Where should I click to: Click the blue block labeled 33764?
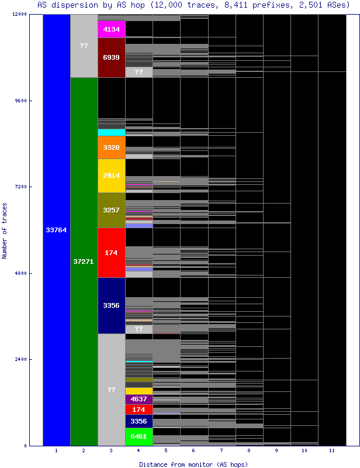click(56, 230)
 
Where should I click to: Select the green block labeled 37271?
click(84, 261)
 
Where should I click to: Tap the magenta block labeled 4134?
click(111, 29)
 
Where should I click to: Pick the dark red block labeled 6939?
click(111, 57)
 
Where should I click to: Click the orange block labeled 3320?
click(111, 147)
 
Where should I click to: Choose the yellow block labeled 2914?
click(111, 175)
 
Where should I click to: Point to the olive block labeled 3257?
click(111, 210)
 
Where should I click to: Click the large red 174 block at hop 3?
click(111, 253)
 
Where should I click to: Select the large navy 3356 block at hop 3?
click(111, 305)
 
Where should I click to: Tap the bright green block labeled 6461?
click(139, 436)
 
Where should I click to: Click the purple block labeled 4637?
click(139, 399)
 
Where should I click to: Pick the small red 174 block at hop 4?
click(139, 409)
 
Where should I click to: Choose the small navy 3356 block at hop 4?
click(139, 421)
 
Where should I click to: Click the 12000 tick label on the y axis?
click(19, 14)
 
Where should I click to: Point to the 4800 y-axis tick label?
click(21, 273)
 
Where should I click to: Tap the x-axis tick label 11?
click(331, 450)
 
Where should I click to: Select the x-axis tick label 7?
click(221, 450)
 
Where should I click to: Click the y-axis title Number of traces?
click(5, 230)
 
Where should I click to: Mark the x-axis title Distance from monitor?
click(193, 464)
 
